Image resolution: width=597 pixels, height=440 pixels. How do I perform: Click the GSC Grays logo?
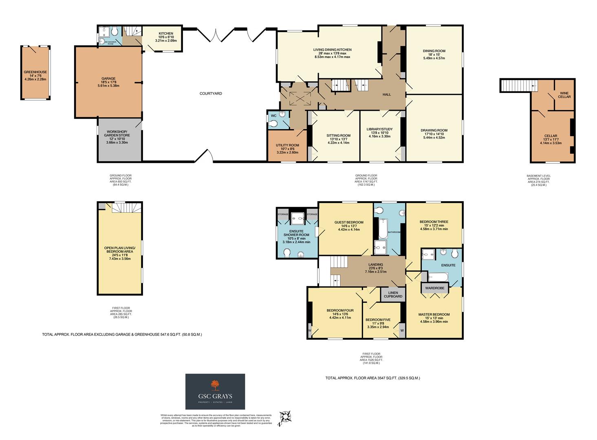[215, 391]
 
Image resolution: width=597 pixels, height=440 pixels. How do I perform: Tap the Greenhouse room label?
[35, 72]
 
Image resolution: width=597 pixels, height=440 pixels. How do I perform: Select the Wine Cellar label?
[564, 95]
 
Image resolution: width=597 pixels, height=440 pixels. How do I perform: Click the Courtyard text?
[211, 94]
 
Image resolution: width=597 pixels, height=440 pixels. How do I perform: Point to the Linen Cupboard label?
[393, 294]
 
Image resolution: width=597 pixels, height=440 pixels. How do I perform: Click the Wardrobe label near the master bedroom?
[434, 288]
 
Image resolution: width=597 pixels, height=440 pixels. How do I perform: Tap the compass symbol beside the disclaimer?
[286, 418]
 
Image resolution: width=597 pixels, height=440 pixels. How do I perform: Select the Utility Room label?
[287, 145]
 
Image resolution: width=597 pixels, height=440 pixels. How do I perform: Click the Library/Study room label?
[379, 129]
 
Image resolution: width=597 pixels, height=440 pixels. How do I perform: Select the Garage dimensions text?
[108, 84]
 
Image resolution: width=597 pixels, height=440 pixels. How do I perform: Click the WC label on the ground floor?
[273, 116]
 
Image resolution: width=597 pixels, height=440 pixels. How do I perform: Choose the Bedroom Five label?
[378, 320]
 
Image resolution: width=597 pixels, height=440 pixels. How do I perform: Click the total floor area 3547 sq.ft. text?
[372, 378]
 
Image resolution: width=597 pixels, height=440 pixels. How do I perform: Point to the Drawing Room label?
[434, 130]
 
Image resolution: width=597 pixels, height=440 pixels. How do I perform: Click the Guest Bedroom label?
[349, 222]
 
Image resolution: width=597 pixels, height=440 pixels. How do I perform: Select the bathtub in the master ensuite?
[438, 277]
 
